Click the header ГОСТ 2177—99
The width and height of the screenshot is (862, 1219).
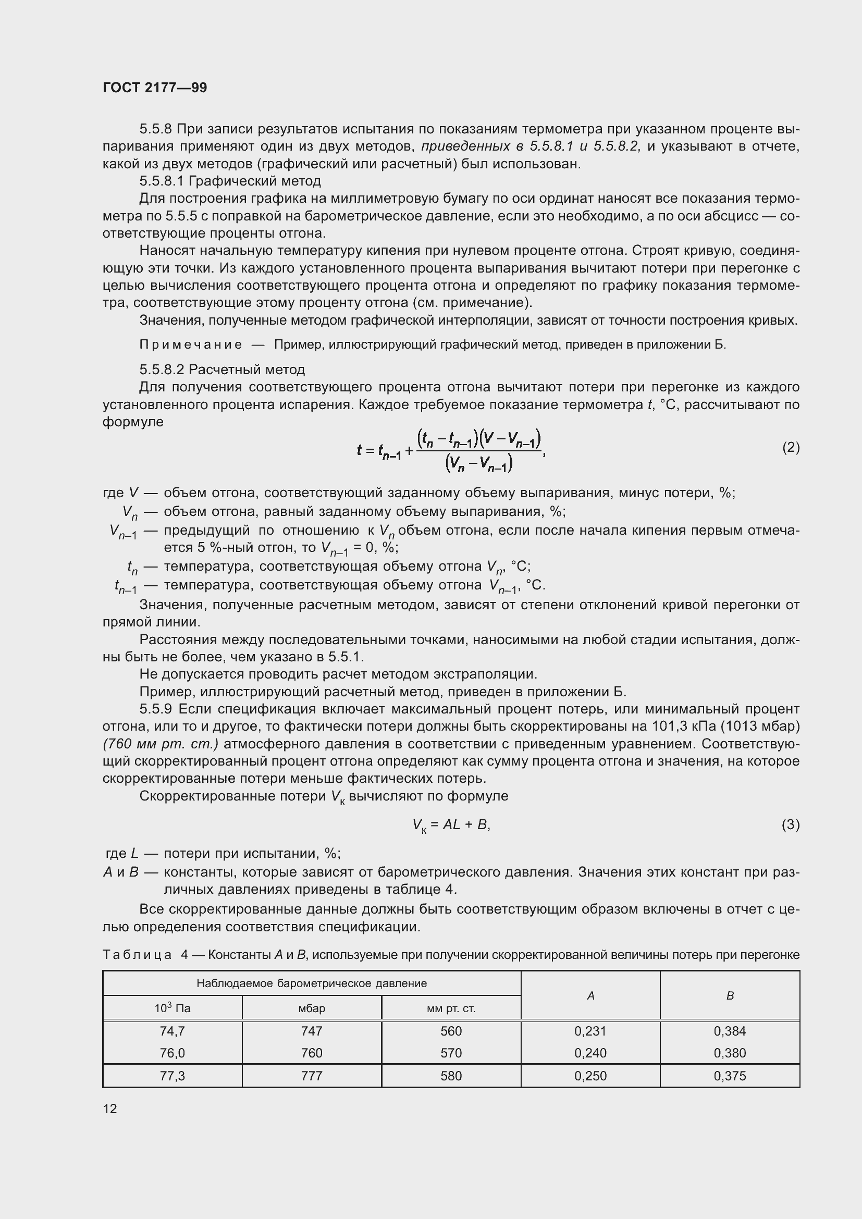pos(155,88)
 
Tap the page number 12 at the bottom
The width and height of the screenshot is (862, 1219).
pos(110,1109)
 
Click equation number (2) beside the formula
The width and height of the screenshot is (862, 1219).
pos(791,448)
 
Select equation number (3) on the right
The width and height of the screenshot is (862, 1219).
pos(791,824)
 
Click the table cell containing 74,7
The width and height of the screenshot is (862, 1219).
pos(172,1031)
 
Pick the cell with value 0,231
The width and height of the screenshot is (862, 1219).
pos(590,1031)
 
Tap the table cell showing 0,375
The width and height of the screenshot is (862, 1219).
pos(730,1076)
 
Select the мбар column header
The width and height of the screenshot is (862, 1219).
pos(312,1008)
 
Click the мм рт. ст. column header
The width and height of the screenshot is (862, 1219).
pos(451,1008)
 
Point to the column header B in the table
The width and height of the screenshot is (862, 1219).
pos(730,996)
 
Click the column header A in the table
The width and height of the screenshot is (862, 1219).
pos(590,996)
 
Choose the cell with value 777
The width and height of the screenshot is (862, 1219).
pos(312,1076)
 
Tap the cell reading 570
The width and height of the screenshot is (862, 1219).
pos(451,1053)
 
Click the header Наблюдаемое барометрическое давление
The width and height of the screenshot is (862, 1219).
pos(312,983)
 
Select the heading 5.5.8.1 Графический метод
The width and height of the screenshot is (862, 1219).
pos(230,181)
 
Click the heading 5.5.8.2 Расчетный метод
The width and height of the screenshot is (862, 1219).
pos(222,369)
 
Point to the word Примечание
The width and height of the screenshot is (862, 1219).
pos(191,344)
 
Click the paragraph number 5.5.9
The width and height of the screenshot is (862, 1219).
pos(157,709)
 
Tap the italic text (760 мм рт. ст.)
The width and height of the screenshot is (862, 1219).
pos(161,744)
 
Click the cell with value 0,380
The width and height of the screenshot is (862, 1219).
pos(730,1053)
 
